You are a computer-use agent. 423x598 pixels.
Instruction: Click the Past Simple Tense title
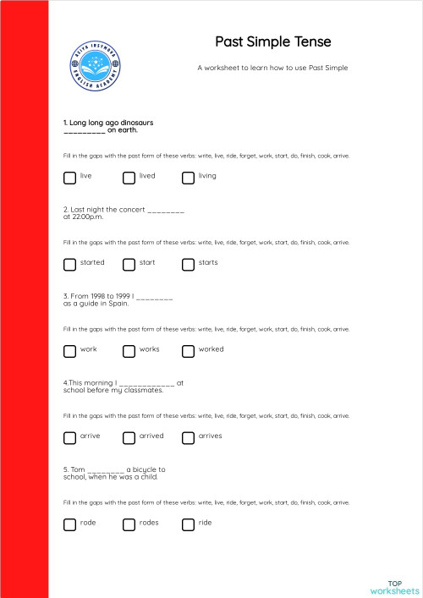[272, 41]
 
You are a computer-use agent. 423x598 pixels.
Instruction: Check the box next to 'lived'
[129, 177]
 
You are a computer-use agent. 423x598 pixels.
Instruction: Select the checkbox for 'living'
[188, 177]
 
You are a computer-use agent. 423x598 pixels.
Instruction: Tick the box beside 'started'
[69, 264]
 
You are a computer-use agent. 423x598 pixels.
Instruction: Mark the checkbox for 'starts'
[188, 264]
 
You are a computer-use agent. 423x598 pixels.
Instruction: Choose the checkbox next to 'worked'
[188, 350]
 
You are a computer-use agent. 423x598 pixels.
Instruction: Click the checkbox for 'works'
[129, 350]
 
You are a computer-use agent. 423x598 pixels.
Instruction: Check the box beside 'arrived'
[129, 437]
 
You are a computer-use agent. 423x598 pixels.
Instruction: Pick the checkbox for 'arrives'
[188, 437]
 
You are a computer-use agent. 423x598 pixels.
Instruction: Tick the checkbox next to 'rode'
[69, 524]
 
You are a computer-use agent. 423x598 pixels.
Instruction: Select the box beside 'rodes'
[129, 524]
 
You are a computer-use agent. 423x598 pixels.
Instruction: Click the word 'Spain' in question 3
[118, 304]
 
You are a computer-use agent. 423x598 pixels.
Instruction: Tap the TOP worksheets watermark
[394, 586]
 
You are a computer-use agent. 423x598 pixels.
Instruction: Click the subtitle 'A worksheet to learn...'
[272, 67]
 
